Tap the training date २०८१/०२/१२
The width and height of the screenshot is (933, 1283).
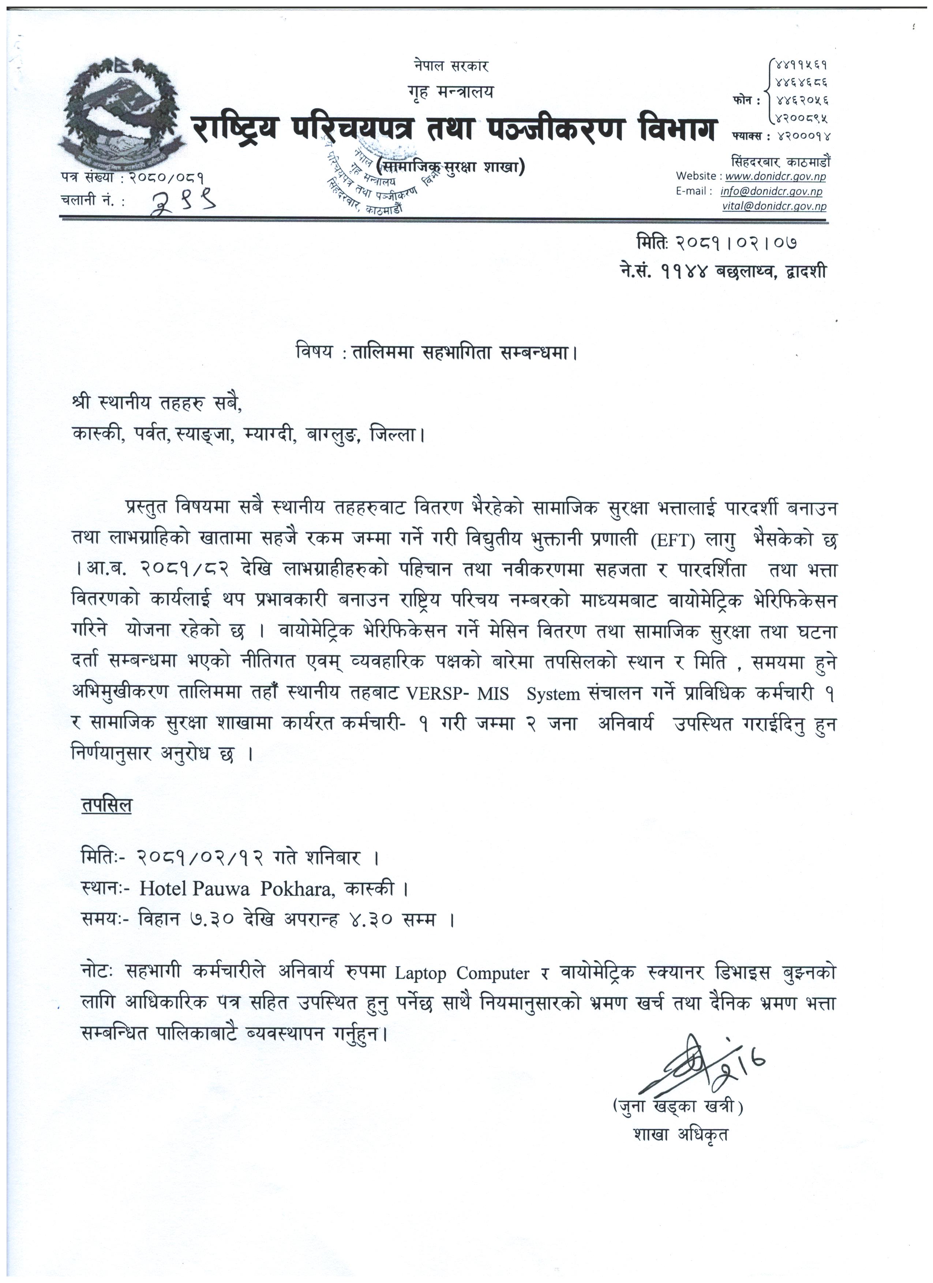tap(201, 858)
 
